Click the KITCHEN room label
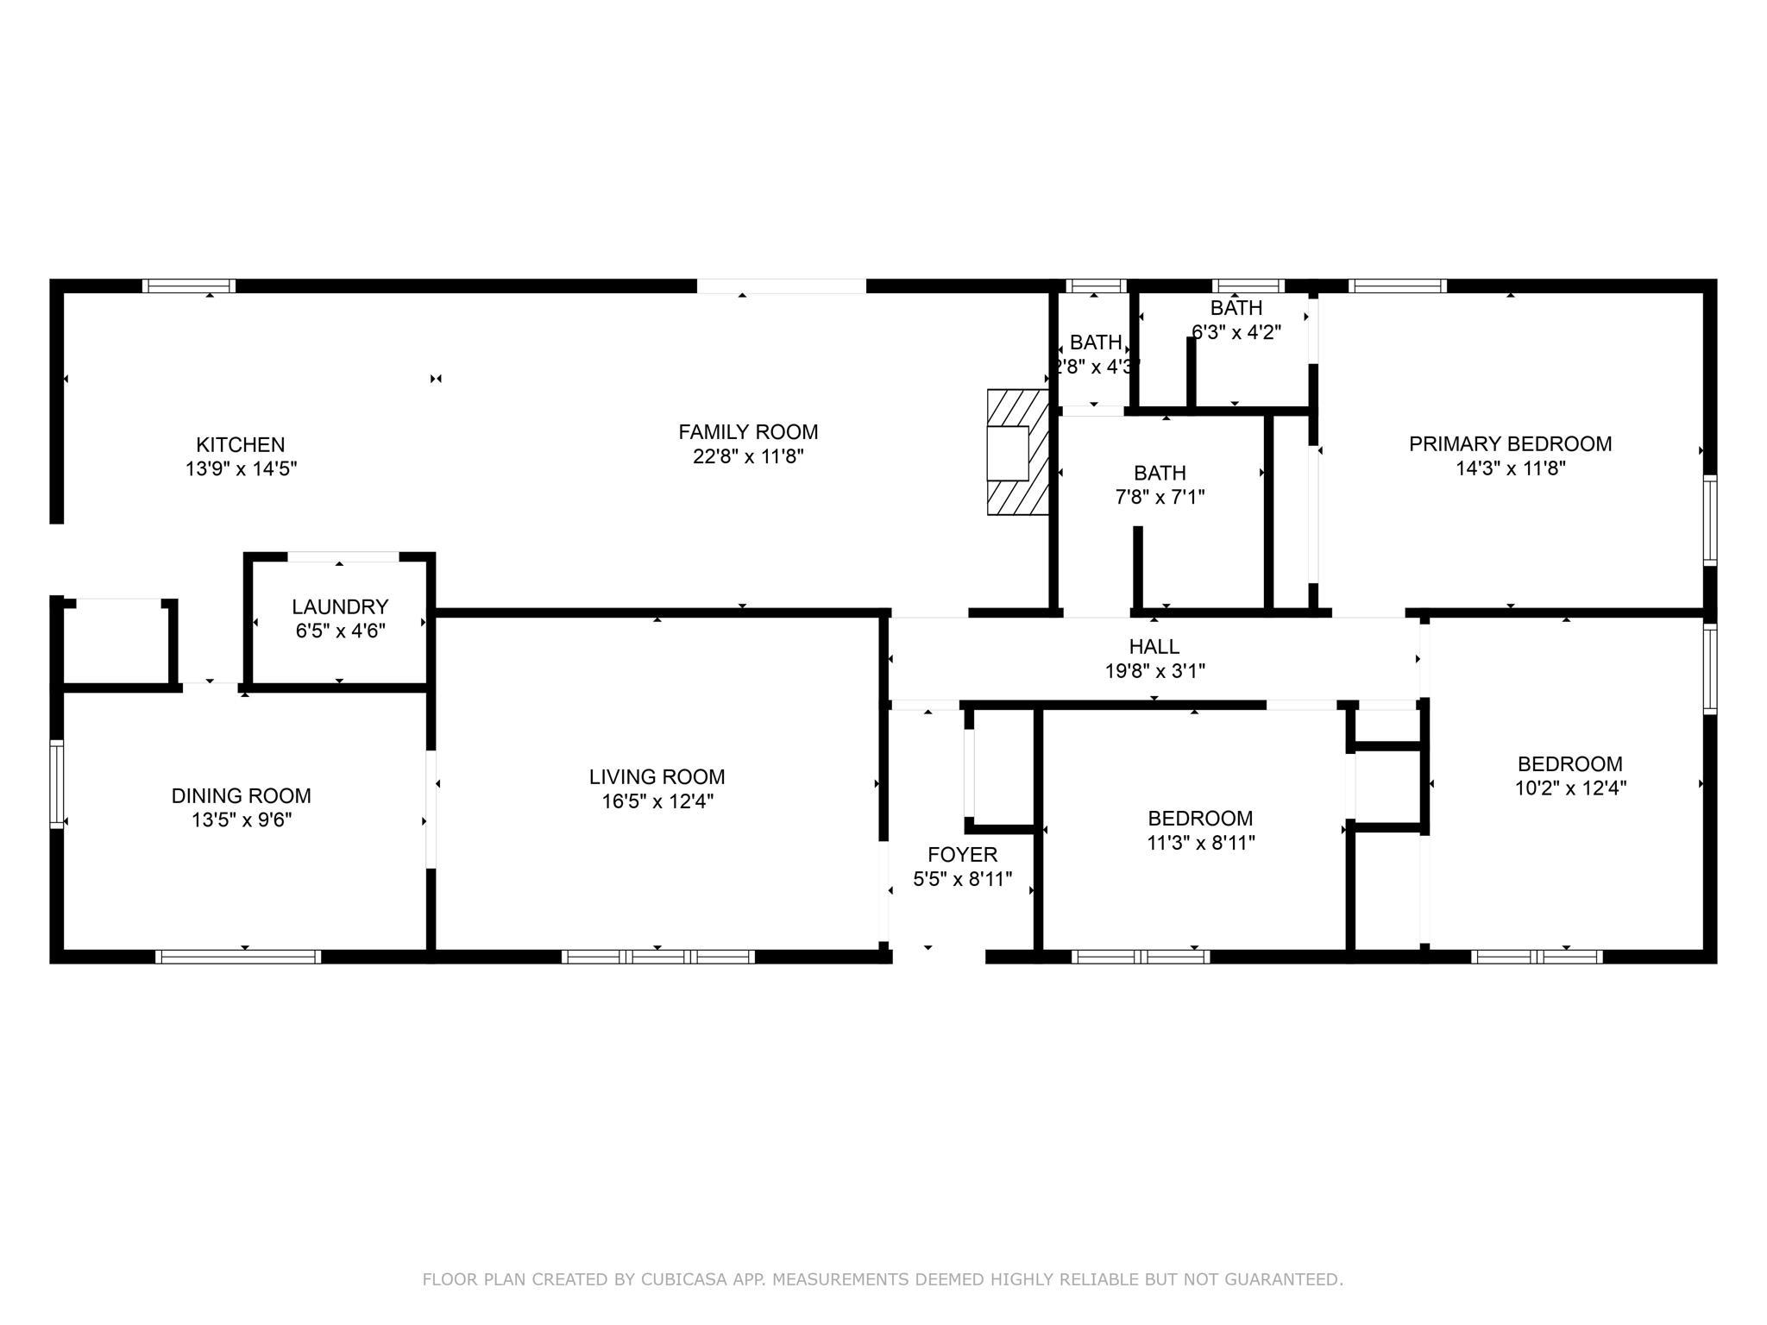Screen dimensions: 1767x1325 click(240, 445)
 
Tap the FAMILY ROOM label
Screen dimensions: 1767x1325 click(748, 432)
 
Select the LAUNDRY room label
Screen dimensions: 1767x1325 click(340, 607)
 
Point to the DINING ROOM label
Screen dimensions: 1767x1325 click(242, 796)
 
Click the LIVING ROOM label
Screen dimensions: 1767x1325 click(657, 777)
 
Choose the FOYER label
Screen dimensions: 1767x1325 click(963, 855)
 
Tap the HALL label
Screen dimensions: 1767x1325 click(1154, 646)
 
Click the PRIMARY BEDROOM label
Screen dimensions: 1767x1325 click(1511, 444)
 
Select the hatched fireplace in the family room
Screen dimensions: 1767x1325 click(1018, 452)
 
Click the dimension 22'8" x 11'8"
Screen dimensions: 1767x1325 click(748, 456)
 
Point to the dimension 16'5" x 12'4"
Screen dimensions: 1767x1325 click(657, 801)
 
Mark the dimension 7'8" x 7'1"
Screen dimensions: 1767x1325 click(1160, 497)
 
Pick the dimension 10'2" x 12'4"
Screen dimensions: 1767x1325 click(1570, 788)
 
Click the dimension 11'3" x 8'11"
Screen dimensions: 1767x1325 click(1200, 843)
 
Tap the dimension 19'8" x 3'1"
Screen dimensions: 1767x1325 click(1154, 670)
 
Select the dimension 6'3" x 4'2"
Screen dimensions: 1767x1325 click(1236, 332)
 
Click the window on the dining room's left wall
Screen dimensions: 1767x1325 click(57, 784)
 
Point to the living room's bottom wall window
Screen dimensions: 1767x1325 click(658, 957)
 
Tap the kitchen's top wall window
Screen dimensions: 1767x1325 click(189, 286)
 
